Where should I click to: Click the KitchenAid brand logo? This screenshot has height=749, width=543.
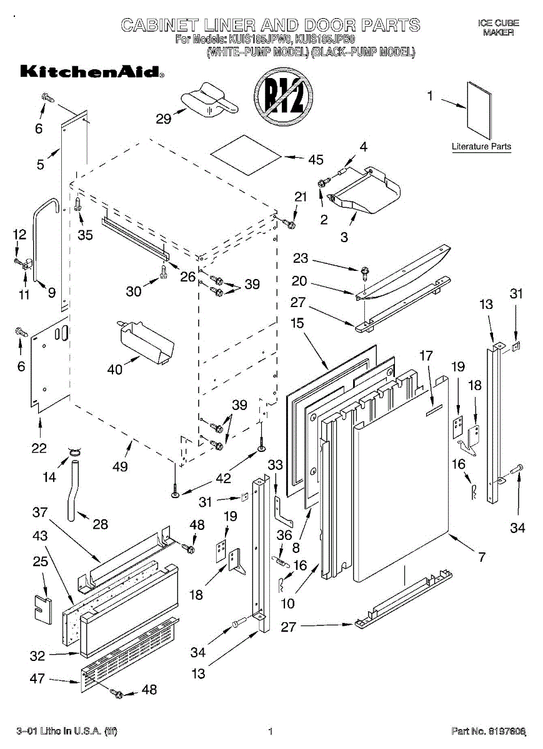click(91, 72)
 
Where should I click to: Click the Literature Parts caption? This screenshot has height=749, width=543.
click(481, 147)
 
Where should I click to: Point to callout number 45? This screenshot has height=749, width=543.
click(316, 160)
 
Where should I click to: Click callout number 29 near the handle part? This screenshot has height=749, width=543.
click(164, 118)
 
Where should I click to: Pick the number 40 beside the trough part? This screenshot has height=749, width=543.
click(115, 370)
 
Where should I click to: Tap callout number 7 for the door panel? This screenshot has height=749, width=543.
click(482, 556)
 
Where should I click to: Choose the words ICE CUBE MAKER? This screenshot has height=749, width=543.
click(498, 27)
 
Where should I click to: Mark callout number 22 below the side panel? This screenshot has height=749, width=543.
click(39, 448)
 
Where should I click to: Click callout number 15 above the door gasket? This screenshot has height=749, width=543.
click(297, 323)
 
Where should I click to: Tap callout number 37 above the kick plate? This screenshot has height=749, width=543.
click(40, 512)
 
